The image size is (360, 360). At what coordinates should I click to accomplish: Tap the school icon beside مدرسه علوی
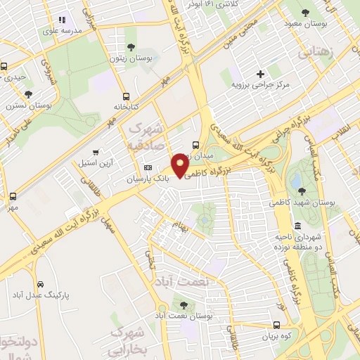pyautogui.click(x=61, y=20)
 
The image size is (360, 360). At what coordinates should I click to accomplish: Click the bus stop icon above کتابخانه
pyautogui.click(x=126, y=96)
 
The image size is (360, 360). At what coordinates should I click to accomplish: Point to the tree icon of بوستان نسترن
pyautogui.click(x=28, y=94)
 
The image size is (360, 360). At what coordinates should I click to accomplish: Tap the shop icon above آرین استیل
pyautogui.click(x=95, y=152)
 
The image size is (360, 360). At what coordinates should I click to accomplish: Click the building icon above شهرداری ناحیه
pyautogui.click(x=297, y=226)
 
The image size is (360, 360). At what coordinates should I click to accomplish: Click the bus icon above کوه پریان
pyautogui.click(x=278, y=326)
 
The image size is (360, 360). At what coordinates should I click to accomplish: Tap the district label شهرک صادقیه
pyautogui.click(x=146, y=136)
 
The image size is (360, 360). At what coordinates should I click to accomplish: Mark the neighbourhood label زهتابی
pyautogui.click(x=315, y=53)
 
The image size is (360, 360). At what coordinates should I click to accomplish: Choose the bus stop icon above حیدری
pyautogui.click(x=4, y=66)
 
